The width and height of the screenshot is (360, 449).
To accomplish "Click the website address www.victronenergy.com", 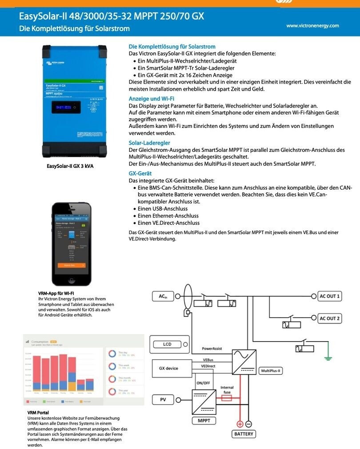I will point(312,26).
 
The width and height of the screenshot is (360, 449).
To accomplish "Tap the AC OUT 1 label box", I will point(330,296).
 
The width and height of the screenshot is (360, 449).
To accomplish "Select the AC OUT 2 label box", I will point(330,318).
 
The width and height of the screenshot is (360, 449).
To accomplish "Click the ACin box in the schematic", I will point(162,296).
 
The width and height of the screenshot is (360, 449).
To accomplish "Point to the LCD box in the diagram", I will point(167,344).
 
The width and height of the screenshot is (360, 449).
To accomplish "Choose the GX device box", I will point(168,368).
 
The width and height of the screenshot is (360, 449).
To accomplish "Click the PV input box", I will point(163,400).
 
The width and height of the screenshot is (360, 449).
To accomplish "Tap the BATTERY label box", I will point(243,434).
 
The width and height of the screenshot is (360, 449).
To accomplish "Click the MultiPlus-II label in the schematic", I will point(272,370).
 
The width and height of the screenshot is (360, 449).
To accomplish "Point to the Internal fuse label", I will point(227,390).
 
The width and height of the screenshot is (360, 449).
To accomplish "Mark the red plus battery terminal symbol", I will point(240,424).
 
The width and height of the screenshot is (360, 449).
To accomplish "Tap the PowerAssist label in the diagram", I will point(212,349).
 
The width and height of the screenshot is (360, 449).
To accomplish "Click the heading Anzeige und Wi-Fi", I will point(151,99).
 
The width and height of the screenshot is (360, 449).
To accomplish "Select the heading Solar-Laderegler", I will point(149,143).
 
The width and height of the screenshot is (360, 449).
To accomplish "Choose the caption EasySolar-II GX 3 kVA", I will point(70,166).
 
